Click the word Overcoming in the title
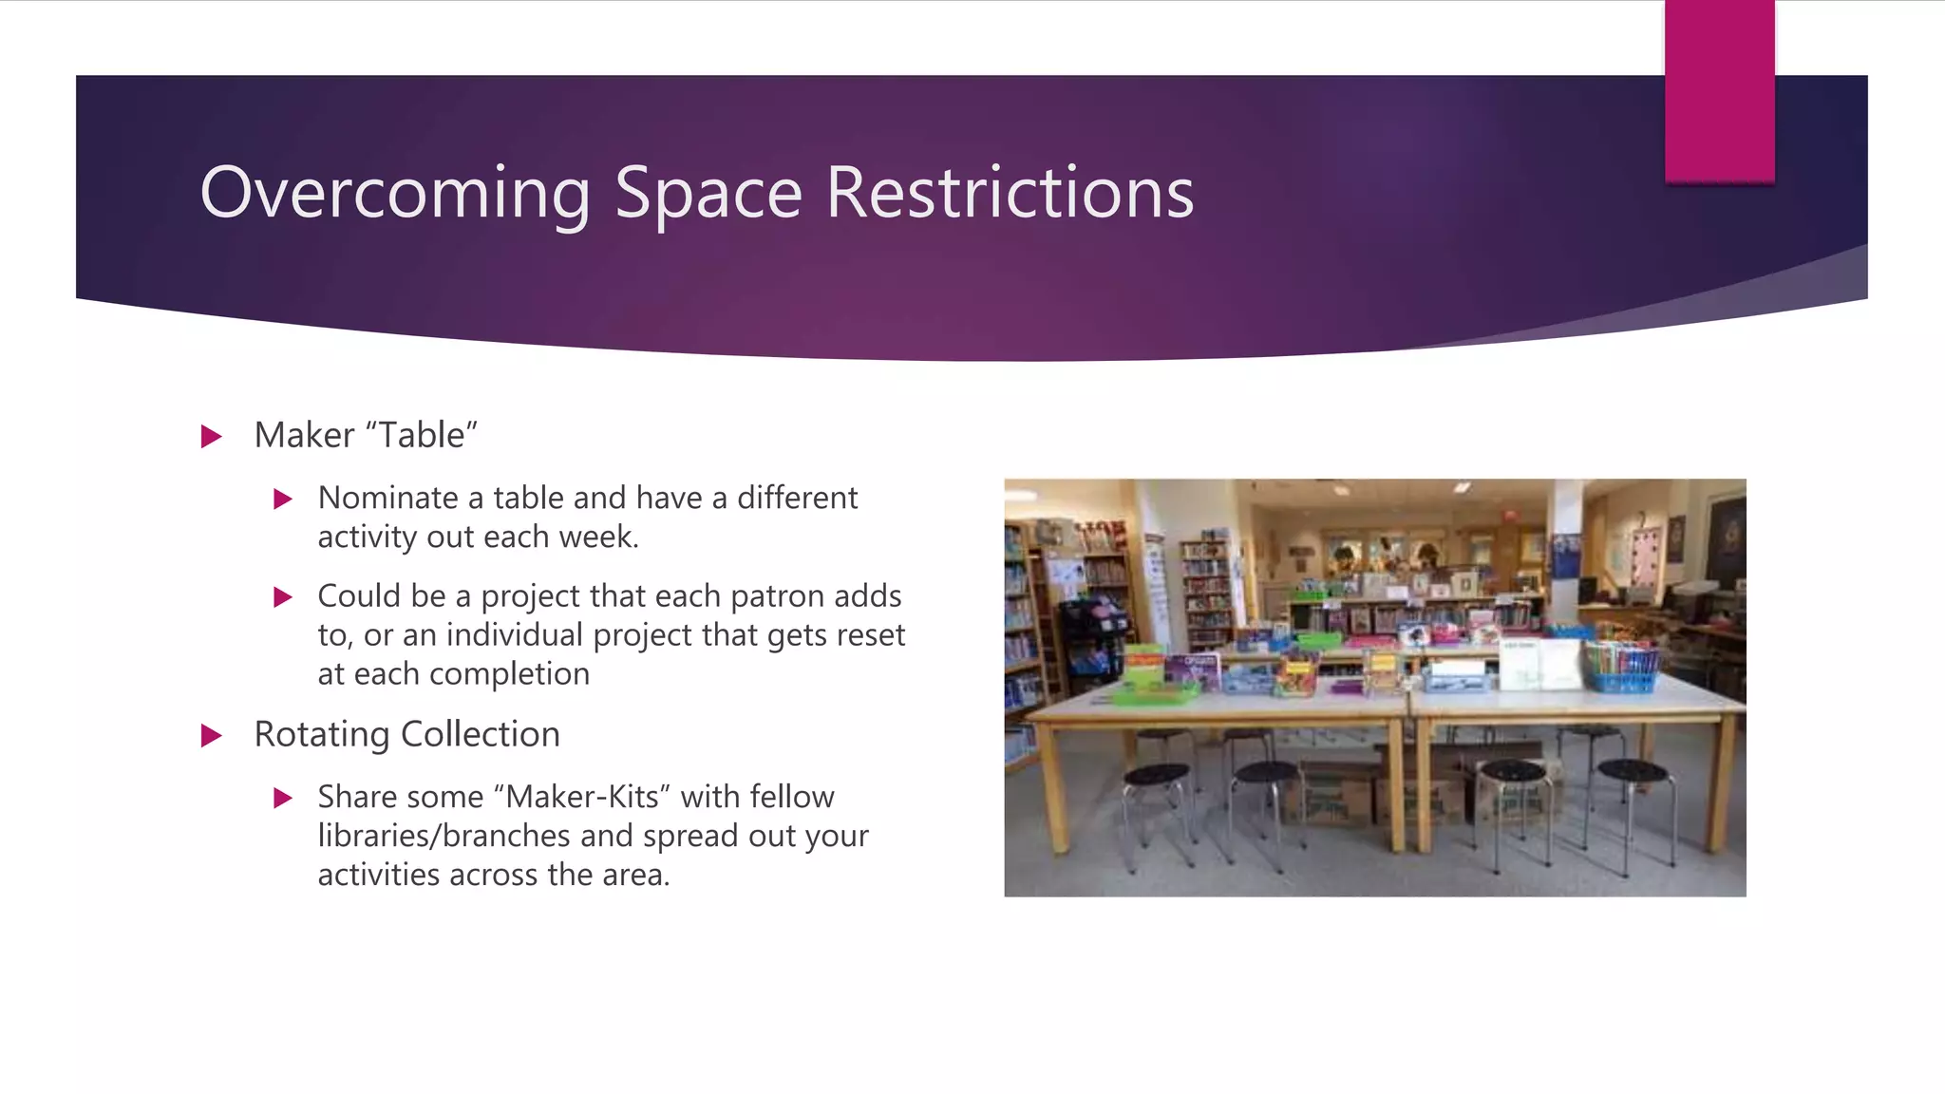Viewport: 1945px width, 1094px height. pos(395,193)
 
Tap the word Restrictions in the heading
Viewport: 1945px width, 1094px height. pos(1010,193)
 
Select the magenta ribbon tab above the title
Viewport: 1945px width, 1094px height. pos(1719,91)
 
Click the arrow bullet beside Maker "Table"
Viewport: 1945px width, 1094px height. pos(212,437)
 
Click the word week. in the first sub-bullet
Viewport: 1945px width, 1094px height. pos(598,537)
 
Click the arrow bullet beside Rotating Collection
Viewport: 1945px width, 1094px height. pos(212,736)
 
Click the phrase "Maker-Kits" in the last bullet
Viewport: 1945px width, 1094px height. pos(582,797)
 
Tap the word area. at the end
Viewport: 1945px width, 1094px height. pos(635,875)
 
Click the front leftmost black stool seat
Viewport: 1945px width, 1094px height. pos(1156,775)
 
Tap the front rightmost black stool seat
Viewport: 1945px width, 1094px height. pos(1632,770)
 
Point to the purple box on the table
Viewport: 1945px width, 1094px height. pos(1194,670)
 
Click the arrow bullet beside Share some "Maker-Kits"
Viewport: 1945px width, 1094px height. pos(283,798)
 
